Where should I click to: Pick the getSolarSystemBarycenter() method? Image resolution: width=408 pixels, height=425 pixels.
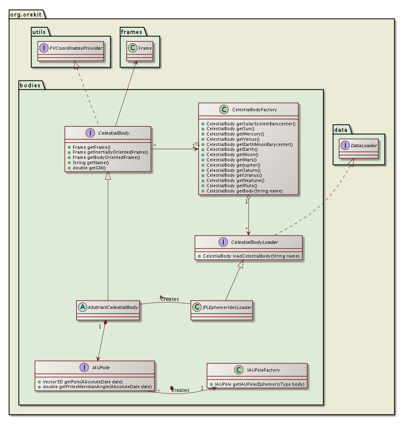[x=251, y=123]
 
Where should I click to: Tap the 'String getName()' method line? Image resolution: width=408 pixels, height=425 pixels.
[x=91, y=163]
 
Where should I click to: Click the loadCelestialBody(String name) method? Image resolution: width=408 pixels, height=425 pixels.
[x=251, y=256]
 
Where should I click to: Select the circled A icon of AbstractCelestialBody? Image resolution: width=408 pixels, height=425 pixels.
[x=83, y=307]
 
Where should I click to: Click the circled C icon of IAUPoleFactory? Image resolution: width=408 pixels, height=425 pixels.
[x=239, y=370]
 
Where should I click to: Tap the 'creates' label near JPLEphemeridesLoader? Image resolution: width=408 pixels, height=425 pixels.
[x=170, y=299]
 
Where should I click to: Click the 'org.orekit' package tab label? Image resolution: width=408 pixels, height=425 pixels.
[x=26, y=15]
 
